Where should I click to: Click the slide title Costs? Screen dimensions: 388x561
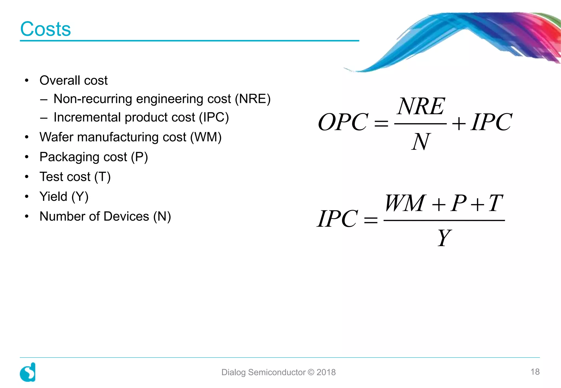click(45, 29)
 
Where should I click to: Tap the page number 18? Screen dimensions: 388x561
click(535, 372)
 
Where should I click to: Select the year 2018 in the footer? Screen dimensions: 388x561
click(326, 372)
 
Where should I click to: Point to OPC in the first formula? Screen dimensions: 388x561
click(343, 122)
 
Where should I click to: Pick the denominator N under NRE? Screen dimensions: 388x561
click(420, 141)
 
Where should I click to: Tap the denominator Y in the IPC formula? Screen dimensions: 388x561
click(444, 238)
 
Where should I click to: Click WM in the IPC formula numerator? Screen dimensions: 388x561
click(405, 203)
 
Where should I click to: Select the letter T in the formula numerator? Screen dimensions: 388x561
click(496, 203)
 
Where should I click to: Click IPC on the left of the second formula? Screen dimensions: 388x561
click(337, 219)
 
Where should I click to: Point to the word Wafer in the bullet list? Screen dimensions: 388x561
click(56, 137)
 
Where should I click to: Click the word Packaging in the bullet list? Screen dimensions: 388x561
click(69, 157)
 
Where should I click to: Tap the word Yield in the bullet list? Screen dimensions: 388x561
click(53, 196)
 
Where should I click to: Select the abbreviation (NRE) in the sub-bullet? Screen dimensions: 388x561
click(253, 99)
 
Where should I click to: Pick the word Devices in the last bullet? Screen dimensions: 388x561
click(126, 216)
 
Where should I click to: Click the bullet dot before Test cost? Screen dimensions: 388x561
click(27, 177)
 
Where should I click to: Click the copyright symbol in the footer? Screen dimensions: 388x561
click(311, 372)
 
